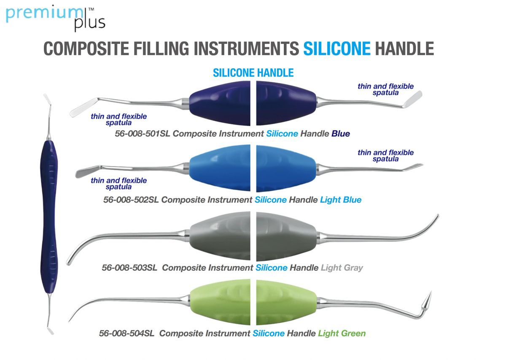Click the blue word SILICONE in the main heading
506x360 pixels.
point(336,49)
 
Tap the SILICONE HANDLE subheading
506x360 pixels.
point(253,73)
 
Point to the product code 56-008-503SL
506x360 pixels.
point(129,268)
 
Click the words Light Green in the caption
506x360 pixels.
point(342,333)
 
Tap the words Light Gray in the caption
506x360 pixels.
point(342,268)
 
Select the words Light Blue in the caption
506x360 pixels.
point(341,200)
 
